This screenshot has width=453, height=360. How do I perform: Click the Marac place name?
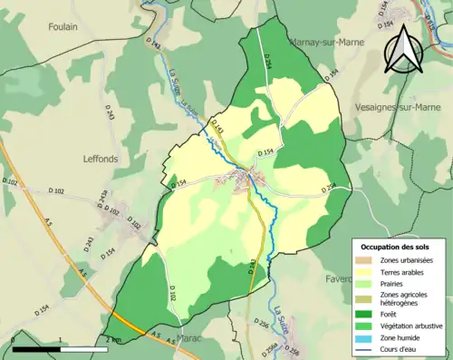[x=189, y=337]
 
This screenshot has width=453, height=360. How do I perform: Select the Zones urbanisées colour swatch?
[x=366, y=260]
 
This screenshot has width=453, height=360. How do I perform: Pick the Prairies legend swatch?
[x=366, y=283]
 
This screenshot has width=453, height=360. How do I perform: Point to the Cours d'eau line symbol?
[x=366, y=348]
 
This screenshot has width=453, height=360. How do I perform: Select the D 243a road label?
[x=103, y=199]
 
